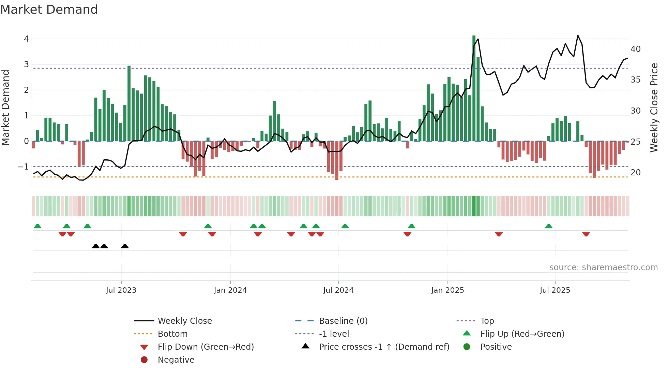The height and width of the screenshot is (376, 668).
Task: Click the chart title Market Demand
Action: point(49,10)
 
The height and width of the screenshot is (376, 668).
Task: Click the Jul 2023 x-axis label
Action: point(121,290)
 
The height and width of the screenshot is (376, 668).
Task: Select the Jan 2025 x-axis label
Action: point(447,290)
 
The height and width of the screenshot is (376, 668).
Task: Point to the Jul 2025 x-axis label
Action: point(555,290)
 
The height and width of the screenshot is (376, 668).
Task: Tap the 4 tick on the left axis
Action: point(26,39)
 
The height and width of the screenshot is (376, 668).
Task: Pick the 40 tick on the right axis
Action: point(635,49)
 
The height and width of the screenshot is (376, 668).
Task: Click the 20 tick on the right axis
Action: point(635,173)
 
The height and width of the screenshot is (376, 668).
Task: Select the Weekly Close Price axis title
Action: point(654,107)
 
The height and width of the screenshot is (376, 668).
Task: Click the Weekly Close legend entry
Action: point(184,321)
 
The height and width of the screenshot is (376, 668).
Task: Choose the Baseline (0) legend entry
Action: point(343,321)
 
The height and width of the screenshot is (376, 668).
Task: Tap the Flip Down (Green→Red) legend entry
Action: point(206,347)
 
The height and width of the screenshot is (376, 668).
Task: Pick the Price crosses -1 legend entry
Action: point(384,347)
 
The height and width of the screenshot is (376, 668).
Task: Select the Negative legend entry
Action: point(176,360)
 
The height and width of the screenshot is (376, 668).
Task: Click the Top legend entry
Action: point(487,321)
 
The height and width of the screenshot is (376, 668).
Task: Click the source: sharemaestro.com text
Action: point(603,267)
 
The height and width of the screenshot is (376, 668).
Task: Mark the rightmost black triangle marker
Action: point(125,246)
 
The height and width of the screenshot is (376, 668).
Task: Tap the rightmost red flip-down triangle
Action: point(586,234)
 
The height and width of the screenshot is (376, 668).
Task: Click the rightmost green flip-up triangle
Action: point(548,226)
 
